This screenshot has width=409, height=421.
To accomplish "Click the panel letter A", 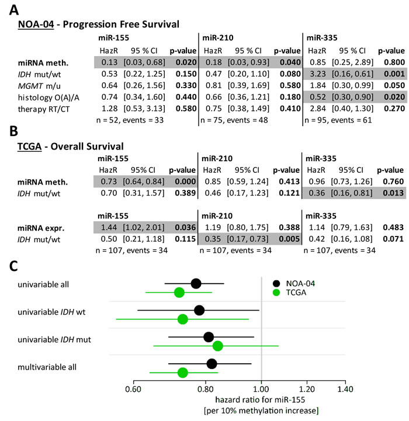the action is pos(14,10).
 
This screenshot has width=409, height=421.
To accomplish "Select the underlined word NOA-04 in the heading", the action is pos(36,24).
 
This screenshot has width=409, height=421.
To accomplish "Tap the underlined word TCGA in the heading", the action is pos(30,147).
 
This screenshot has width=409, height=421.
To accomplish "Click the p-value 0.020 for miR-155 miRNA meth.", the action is pos(186,62).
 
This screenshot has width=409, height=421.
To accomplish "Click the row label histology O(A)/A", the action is pos(48,98).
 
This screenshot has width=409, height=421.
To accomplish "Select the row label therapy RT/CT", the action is pos(44,109).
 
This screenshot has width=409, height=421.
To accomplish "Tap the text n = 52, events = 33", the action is pos(130,120).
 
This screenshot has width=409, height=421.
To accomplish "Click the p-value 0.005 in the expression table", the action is pos(289,239).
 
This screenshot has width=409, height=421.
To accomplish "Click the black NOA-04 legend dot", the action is pos(276,284).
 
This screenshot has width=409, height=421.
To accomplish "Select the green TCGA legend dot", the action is pos(276,293).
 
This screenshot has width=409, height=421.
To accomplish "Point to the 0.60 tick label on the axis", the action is pos(133,389).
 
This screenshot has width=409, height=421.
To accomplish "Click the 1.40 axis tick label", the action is pos(345,389).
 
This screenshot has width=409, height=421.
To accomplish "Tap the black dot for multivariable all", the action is pos(212,364).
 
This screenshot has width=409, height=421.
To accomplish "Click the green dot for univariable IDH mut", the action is pos(218,346).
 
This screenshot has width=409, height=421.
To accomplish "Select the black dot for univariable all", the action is pos(196,284).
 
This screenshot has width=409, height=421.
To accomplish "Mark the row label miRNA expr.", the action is pos(41,228).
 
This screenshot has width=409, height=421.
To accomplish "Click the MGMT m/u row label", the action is pos(39,86).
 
